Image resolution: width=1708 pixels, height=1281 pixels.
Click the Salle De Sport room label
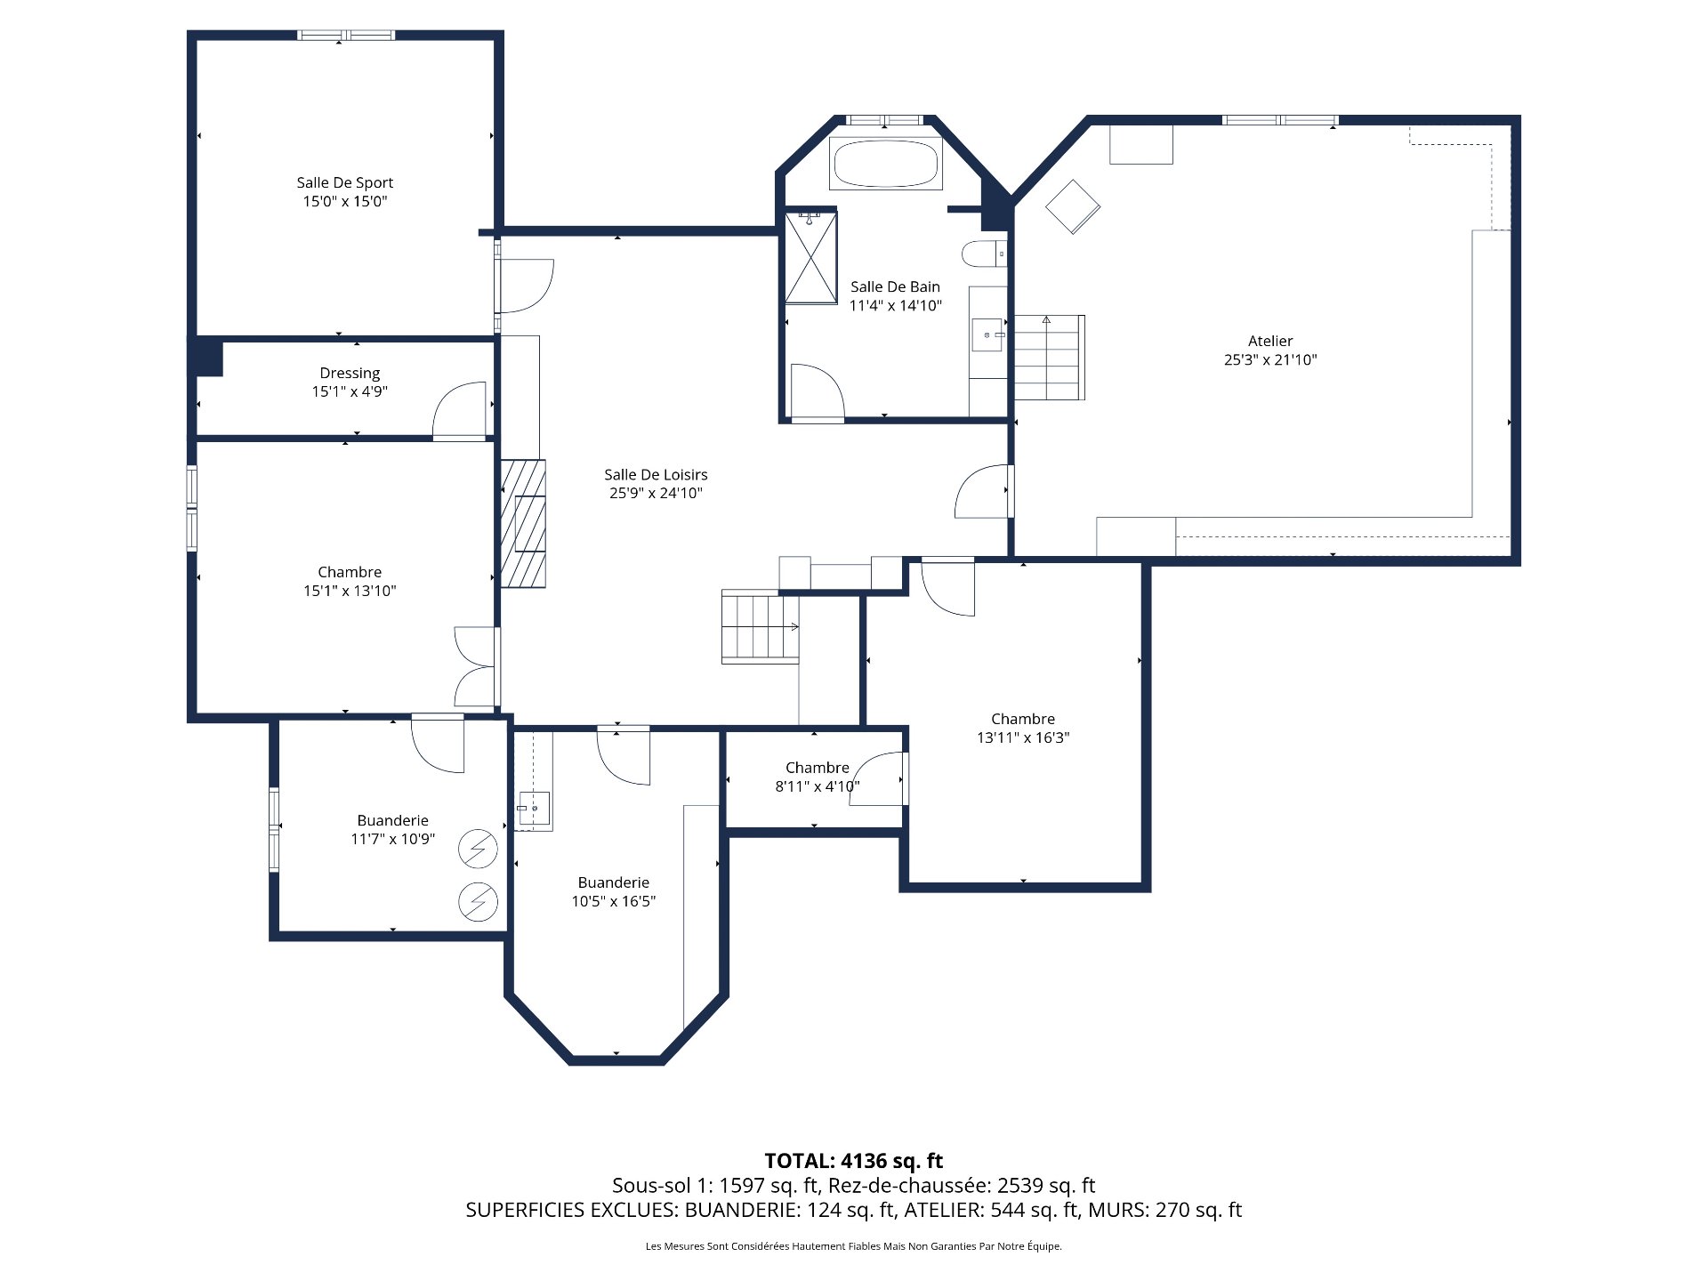pyautogui.click(x=344, y=182)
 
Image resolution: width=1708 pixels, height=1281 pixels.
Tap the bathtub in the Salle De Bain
pyautogui.click(x=885, y=163)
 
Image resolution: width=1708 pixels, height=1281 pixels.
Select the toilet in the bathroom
pyautogui.click(x=982, y=254)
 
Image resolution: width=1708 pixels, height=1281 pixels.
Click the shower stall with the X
pyautogui.click(x=810, y=257)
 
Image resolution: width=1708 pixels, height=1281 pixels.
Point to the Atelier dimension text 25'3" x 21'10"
pyautogui.click(x=1269, y=360)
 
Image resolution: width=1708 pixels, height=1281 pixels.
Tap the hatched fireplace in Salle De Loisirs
pyautogui.click(x=523, y=523)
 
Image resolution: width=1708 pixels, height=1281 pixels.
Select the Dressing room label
pyautogui.click(x=350, y=373)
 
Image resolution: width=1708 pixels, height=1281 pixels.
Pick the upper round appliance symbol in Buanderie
pyautogui.click(x=478, y=849)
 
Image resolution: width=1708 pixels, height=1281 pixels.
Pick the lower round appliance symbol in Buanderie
pyautogui.click(x=478, y=902)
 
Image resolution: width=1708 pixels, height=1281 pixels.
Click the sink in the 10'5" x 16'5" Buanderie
pyautogui.click(x=534, y=808)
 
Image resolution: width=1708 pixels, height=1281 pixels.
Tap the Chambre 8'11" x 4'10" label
pyautogui.click(x=817, y=768)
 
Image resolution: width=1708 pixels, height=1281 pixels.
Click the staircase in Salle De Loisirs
pyautogui.click(x=760, y=626)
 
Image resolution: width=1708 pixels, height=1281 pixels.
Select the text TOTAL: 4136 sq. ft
pyautogui.click(x=853, y=1161)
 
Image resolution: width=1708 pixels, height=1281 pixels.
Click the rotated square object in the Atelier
pyautogui.click(x=1073, y=206)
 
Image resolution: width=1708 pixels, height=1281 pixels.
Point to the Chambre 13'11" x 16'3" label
pyautogui.click(x=1022, y=719)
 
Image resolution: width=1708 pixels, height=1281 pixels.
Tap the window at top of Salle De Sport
pyautogui.click(x=345, y=36)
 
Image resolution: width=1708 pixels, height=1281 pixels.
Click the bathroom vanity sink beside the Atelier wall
pyautogui.click(x=987, y=335)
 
